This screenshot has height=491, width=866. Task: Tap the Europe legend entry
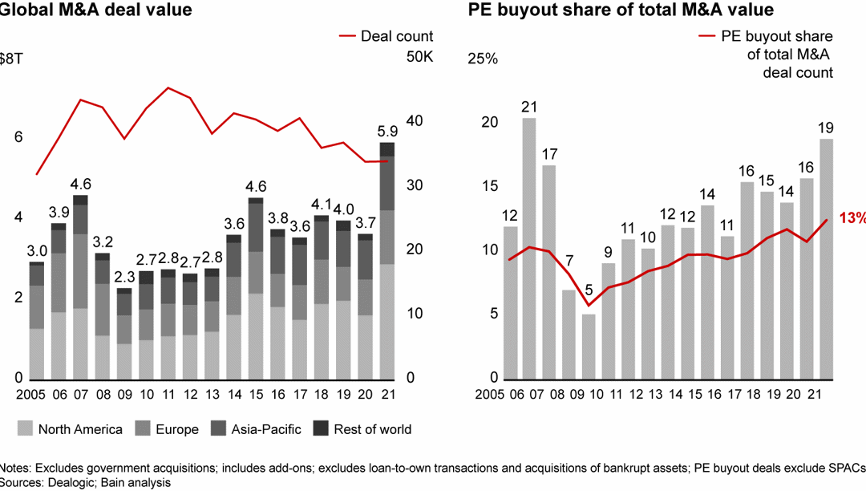click(x=168, y=429)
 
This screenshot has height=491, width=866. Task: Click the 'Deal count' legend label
click(x=396, y=36)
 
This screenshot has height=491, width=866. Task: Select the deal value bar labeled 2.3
click(x=124, y=334)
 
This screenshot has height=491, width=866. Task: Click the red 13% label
click(x=852, y=218)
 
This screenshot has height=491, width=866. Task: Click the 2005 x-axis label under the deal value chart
click(x=17, y=396)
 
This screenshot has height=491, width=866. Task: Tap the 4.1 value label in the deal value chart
click(x=322, y=203)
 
